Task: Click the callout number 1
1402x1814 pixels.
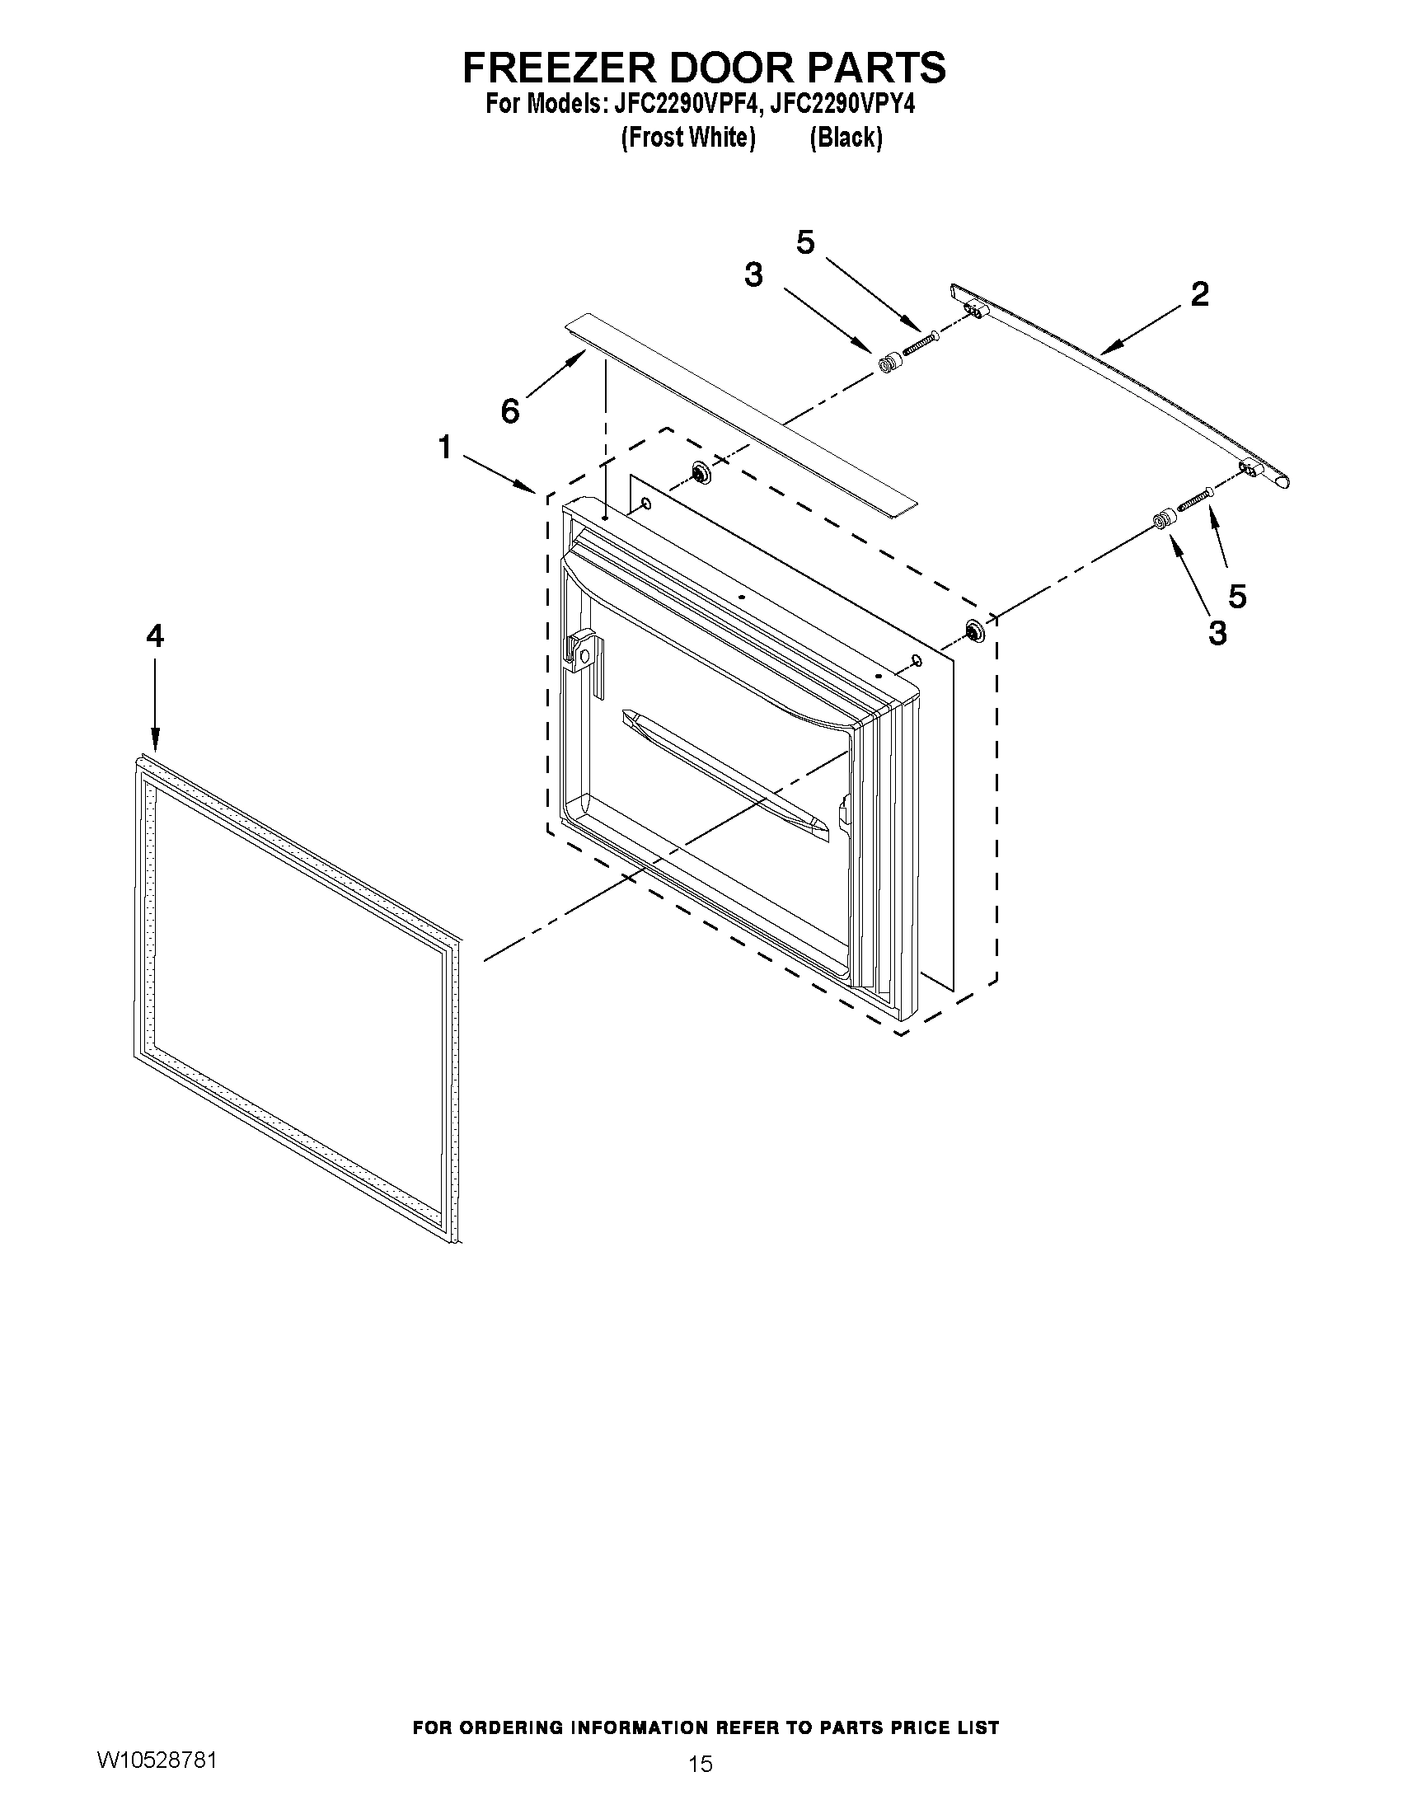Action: click(445, 448)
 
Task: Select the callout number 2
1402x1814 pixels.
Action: click(1199, 294)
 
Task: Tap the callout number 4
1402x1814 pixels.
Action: click(155, 636)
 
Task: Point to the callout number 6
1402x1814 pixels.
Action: click(510, 410)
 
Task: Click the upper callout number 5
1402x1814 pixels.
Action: click(804, 242)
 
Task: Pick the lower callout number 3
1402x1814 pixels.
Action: click(1217, 634)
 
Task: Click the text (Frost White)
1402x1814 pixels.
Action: click(687, 138)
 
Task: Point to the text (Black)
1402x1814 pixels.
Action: click(846, 138)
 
